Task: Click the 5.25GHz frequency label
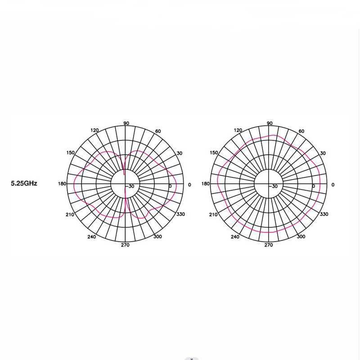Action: (x=24, y=183)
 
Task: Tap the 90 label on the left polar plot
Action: (x=126, y=123)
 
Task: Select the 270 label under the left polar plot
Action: (x=125, y=245)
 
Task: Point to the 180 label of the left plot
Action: (x=62, y=184)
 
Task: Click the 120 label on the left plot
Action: (x=94, y=130)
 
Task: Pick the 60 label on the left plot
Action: (x=158, y=131)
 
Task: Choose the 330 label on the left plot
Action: (x=180, y=214)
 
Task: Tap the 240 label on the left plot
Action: (x=92, y=237)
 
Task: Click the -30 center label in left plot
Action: (x=130, y=186)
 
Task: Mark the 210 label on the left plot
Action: (x=70, y=215)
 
